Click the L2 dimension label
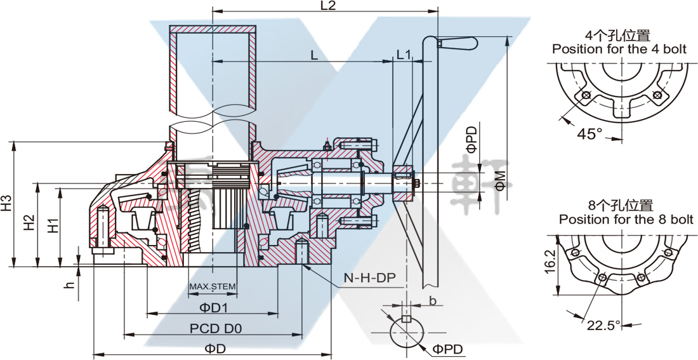327,6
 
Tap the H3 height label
8,203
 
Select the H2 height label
29,223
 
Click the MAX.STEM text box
213,287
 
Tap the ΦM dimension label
501,180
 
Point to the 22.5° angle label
603,326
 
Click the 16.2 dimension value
550,261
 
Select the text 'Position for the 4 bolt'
619,49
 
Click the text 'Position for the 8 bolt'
626,219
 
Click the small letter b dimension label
431,300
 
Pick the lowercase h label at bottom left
70,283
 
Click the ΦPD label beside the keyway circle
448,349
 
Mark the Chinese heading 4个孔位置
619,36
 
